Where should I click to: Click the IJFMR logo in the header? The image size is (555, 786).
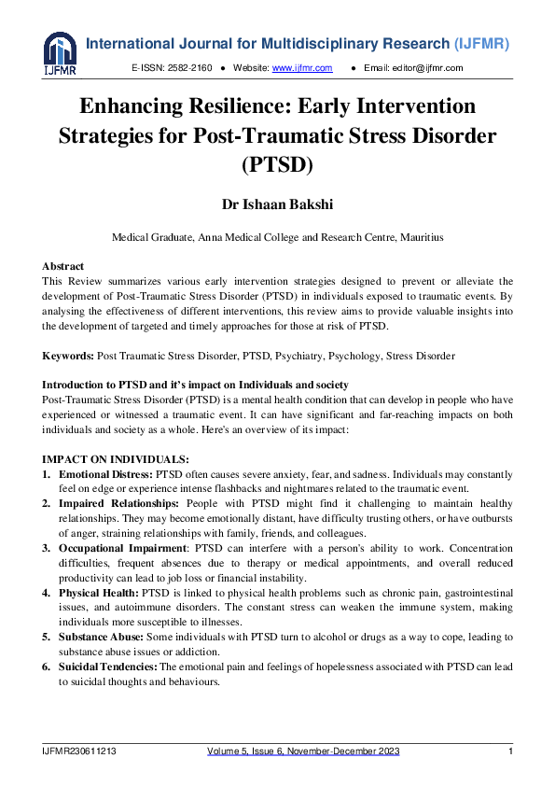(59, 54)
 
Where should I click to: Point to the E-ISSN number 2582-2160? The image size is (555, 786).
(187, 68)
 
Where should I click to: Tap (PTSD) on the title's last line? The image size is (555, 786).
(277, 164)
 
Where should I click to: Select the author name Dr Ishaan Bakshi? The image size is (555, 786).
(277, 204)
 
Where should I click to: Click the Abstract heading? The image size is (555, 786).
(63, 266)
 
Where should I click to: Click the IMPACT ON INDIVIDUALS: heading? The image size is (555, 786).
(116, 458)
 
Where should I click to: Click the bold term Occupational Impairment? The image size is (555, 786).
(122, 548)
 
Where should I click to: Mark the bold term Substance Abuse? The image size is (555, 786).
(100, 636)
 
